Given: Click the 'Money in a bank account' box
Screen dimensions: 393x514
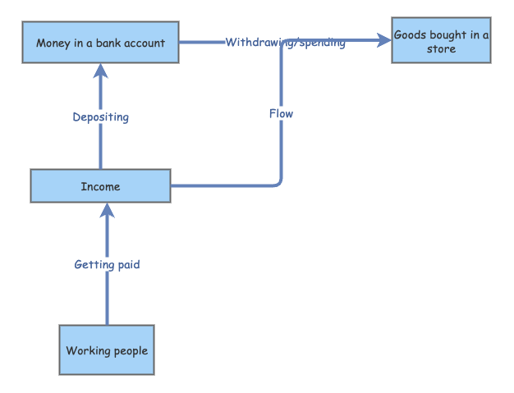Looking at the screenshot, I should [100, 43].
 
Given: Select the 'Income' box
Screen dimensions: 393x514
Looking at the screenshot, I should [100, 186].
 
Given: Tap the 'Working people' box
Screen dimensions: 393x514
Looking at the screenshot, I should [107, 350].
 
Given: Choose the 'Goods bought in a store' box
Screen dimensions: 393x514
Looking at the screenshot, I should [441, 41].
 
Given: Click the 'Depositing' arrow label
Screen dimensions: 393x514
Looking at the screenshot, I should [100, 117].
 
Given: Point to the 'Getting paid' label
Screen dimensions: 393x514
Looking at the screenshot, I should [107, 265].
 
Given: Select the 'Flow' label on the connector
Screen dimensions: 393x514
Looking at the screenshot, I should [281, 113].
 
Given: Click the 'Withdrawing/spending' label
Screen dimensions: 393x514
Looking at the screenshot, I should [285, 43].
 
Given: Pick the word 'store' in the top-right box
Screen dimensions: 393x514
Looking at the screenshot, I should [441, 49].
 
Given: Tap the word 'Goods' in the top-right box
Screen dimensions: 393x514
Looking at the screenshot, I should [410, 35].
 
